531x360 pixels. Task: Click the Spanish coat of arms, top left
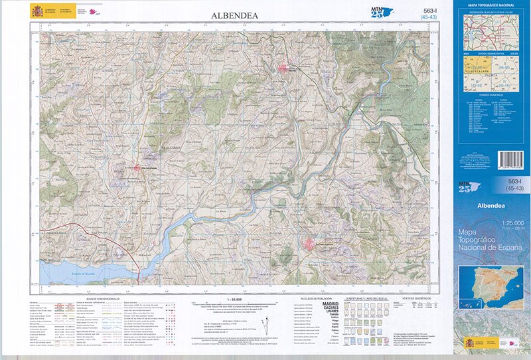36,11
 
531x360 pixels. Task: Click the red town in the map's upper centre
285,68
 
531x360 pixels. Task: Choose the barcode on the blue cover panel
509,159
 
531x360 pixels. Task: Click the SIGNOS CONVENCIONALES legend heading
96,299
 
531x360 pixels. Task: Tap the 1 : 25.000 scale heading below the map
237,300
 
